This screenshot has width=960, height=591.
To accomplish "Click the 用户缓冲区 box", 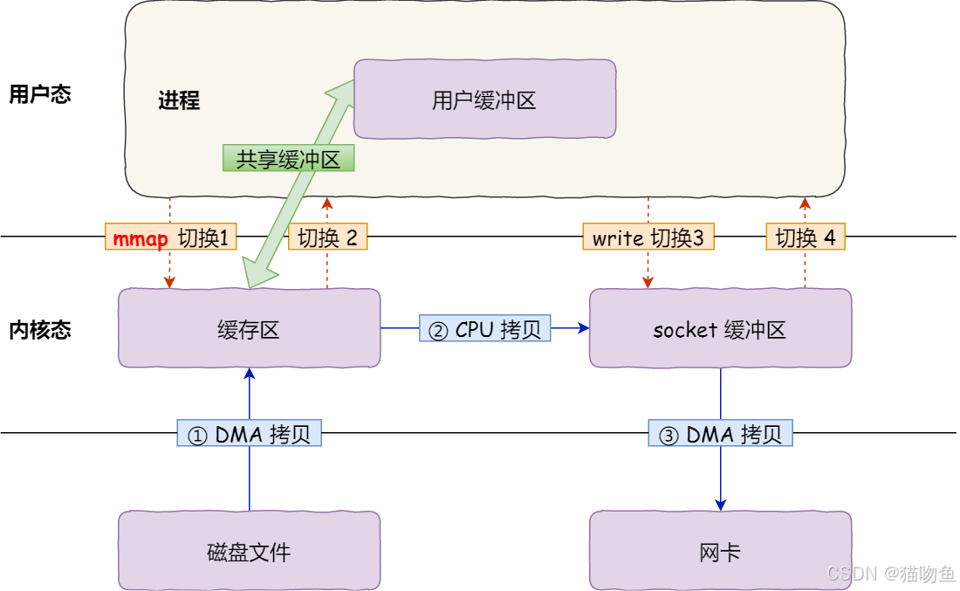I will (x=484, y=100).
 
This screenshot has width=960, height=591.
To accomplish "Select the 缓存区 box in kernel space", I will (x=249, y=329).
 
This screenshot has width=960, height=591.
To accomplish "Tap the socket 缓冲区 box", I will (x=720, y=329).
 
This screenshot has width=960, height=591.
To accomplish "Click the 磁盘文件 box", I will (x=249, y=551).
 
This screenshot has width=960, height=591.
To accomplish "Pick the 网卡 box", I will (x=720, y=551).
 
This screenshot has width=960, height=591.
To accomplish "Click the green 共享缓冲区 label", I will (x=289, y=158).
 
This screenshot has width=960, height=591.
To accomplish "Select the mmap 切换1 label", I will (x=172, y=237).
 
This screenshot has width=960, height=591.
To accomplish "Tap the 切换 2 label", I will (x=327, y=237).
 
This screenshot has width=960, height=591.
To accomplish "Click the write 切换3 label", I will (x=648, y=237).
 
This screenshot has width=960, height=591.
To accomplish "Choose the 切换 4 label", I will (x=805, y=237).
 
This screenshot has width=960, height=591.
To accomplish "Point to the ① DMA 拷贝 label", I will (x=250, y=434).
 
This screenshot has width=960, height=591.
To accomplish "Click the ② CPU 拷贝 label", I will (x=485, y=328).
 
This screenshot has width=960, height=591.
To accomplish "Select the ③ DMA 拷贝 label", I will (x=721, y=434).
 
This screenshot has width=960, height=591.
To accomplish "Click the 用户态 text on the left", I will (x=39, y=94).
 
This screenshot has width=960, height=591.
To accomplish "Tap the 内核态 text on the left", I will (x=39, y=330).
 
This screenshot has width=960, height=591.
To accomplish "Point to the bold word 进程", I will (x=179, y=100).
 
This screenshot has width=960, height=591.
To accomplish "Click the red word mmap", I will (x=141, y=237).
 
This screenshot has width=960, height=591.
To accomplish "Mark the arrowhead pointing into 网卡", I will (x=721, y=505).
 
